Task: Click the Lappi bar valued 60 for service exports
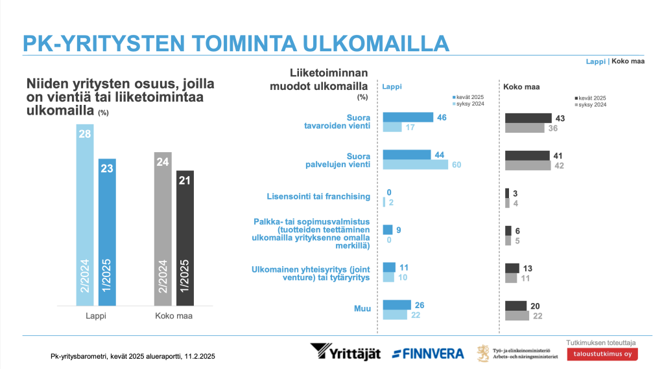pos(416,164)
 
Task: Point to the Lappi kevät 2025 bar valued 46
pos(407,117)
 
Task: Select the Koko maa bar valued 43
pos(527,118)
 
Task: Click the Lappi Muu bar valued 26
pos(397,305)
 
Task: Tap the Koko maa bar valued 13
pos(512,268)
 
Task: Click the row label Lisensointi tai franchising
pos(318,196)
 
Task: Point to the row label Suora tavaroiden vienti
pos(337,122)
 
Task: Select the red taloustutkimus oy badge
pos(602,354)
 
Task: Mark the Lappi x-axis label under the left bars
pos(96,317)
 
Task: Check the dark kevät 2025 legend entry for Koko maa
pos(591,96)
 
